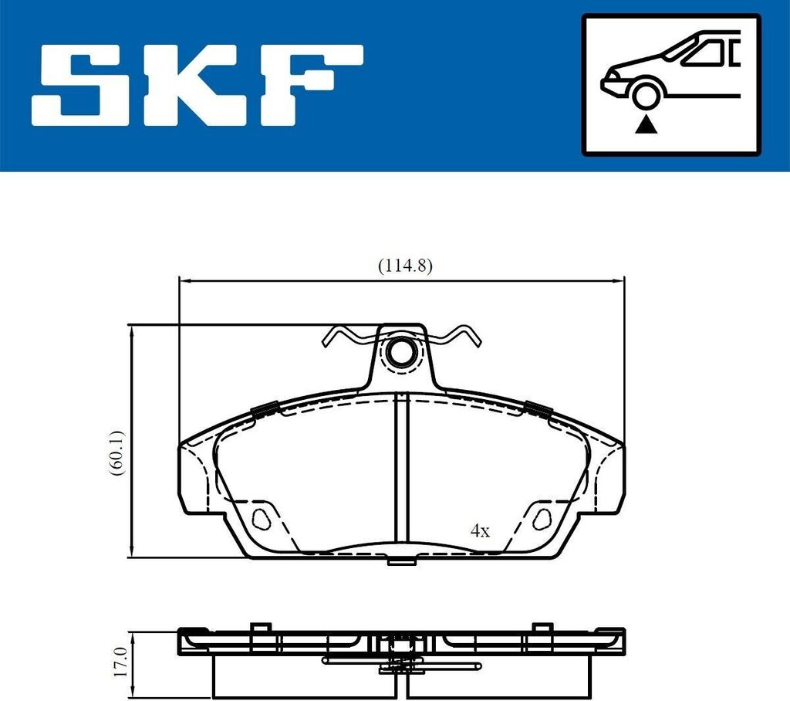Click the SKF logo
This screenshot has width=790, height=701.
pos(197,86)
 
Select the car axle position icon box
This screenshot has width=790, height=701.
pos(670,84)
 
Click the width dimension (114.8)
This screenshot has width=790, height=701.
pos(404,266)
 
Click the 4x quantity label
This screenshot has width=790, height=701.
pos(480,530)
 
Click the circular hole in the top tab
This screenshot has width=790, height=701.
pos(401,353)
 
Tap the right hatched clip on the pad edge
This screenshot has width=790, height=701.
pos(537,410)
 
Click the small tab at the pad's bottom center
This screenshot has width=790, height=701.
pos(401,561)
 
